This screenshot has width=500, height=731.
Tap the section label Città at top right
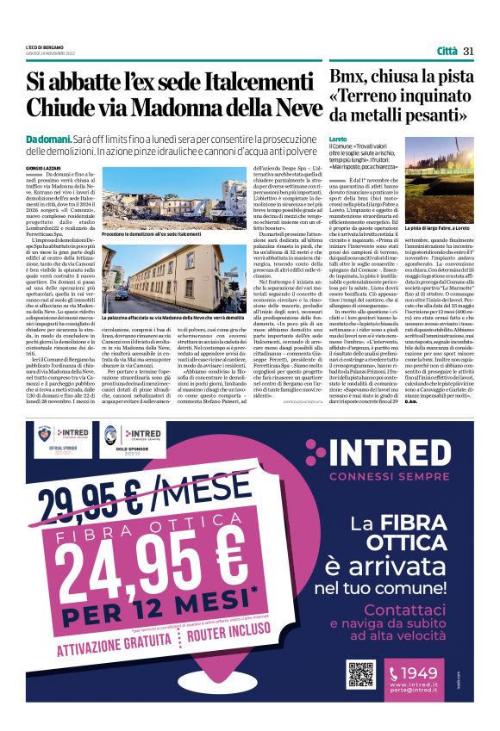447,51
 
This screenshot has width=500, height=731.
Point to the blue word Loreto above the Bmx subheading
338,139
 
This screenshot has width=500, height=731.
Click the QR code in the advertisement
361,674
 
